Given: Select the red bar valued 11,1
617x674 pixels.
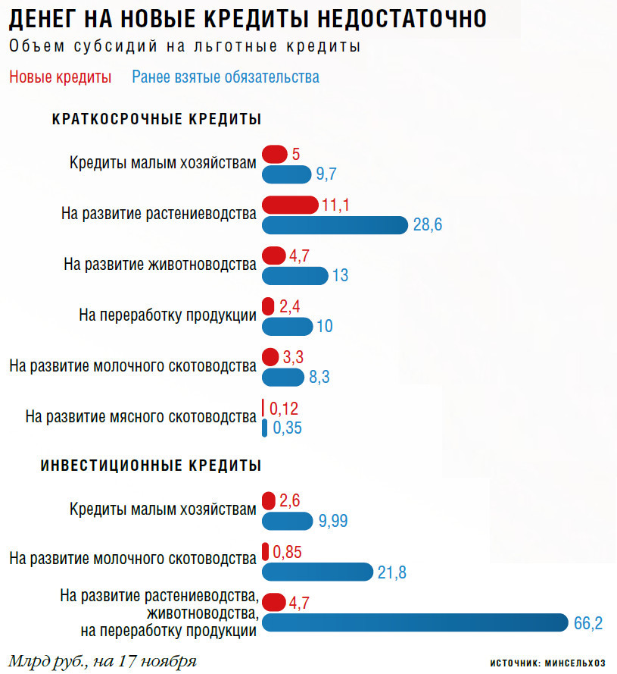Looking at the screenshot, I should pyautogui.click(x=290, y=205).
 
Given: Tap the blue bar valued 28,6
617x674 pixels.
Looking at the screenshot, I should pyautogui.click(x=335, y=225).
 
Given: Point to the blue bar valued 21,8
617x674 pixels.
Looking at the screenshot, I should pyautogui.click(x=318, y=572).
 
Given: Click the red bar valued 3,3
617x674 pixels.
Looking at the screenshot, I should pyautogui.click(x=270, y=356).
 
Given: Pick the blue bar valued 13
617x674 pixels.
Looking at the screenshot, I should pyautogui.click(x=295, y=275).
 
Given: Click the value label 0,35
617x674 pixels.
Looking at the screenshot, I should pyautogui.click(x=287, y=428).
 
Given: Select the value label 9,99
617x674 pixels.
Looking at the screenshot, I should pyautogui.click(x=334, y=521).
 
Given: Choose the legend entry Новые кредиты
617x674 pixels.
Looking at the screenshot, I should pyautogui.click(x=61, y=77).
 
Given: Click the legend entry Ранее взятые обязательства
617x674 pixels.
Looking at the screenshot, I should pyautogui.click(x=226, y=77).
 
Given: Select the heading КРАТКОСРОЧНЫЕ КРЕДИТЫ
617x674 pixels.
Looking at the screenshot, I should pyautogui.click(x=157, y=120).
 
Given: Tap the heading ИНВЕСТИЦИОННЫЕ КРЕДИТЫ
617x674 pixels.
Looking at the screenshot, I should pyautogui.click(x=151, y=465).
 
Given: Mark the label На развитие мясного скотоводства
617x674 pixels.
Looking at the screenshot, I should pyautogui.click(x=141, y=417).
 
